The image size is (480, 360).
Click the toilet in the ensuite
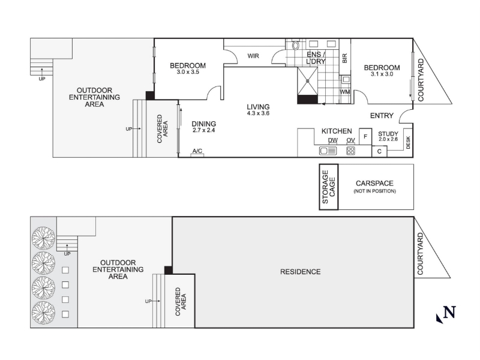coord(295,46)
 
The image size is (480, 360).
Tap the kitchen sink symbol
coord(328,151)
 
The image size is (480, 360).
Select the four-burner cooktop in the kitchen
coord(350,151)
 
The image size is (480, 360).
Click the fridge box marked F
coord(365,137)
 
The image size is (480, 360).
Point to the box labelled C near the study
coord(379,151)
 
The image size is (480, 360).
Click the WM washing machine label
coord(344,92)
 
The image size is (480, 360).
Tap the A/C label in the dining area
coord(197,151)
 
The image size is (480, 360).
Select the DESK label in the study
coord(408,142)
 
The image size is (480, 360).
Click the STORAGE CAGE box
coord(329,187)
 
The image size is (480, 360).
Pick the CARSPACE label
coord(374,184)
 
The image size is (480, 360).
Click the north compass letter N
coord(449,312)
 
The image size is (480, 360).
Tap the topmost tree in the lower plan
coord(44,238)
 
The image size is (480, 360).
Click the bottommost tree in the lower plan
coord(44,313)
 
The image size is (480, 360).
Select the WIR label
coord(253,56)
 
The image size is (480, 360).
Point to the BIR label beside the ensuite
coord(344,58)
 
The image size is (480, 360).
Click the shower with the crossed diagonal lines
coord(308,82)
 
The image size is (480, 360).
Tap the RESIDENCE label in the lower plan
coord(301,272)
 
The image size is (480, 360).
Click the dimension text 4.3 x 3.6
coord(258,113)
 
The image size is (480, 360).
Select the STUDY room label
coord(388,134)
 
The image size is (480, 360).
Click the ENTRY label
coord(382,116)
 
